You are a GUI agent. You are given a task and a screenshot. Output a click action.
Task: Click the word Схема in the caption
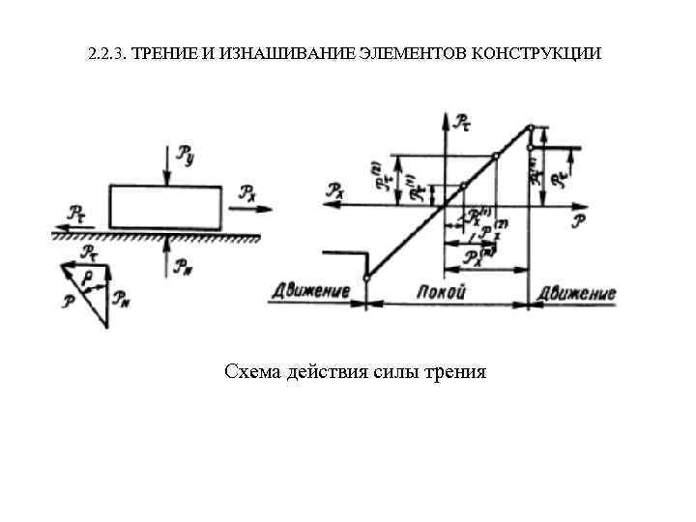(x=253, y=371)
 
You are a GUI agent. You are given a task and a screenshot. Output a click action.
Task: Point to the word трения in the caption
(x=453, y=371)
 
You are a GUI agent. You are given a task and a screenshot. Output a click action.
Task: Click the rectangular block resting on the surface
(x=167, y=205)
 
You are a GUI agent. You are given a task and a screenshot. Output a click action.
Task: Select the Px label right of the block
(x=248, y=191)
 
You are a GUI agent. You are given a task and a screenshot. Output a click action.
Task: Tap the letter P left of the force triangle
(x=68, y=301)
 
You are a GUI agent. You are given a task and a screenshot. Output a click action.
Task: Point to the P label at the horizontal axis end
(x=577, y=220)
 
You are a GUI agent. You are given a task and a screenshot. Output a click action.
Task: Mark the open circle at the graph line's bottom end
(x=366, y=279)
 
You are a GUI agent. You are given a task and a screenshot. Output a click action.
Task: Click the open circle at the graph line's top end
(x=530, y=128)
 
